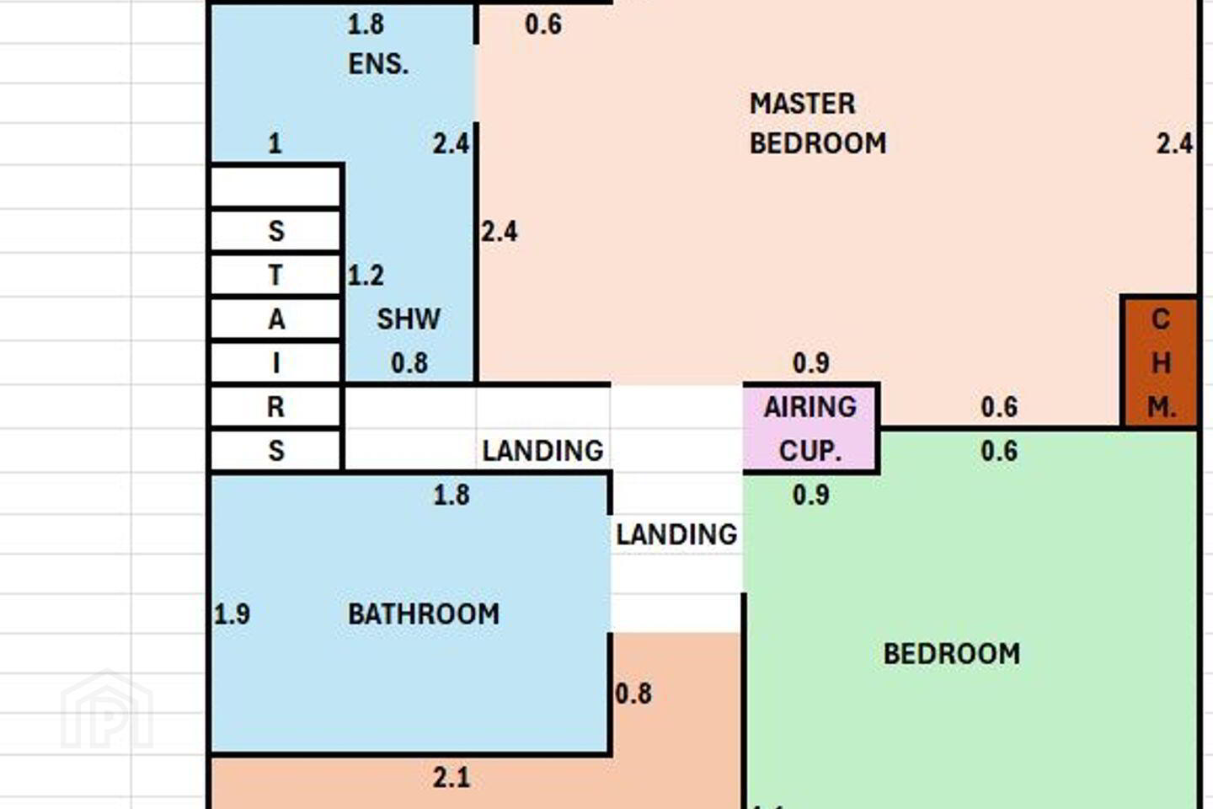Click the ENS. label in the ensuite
pos(378,65)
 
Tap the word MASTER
pos(802,104)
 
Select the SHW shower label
pos(409,319)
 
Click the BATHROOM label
pos(424,614)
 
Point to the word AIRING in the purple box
pos(810,407)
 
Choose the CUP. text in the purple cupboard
pos(810,451)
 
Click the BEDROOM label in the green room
pos(952,653)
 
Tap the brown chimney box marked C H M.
pos(1160,362)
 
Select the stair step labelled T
pos(275,275)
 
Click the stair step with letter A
pos(275,319)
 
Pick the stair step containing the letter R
pos(275,406)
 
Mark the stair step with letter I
pos(275,362)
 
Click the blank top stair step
pos(275,187)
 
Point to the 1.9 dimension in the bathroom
pos(232,614)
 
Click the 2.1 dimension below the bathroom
pos(452,778)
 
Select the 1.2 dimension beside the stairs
pos(366,276)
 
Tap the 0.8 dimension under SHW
pos(409,362)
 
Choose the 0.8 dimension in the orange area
pos(633,694)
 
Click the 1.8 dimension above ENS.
pos(366,24)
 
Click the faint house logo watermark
pos(107,710)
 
